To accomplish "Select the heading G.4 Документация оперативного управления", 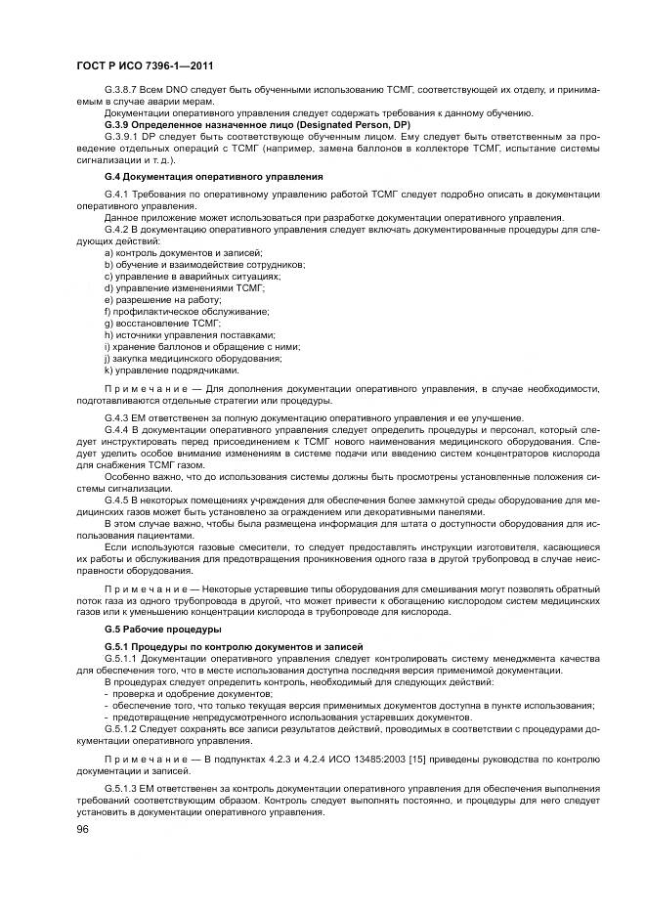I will pos(213,176).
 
